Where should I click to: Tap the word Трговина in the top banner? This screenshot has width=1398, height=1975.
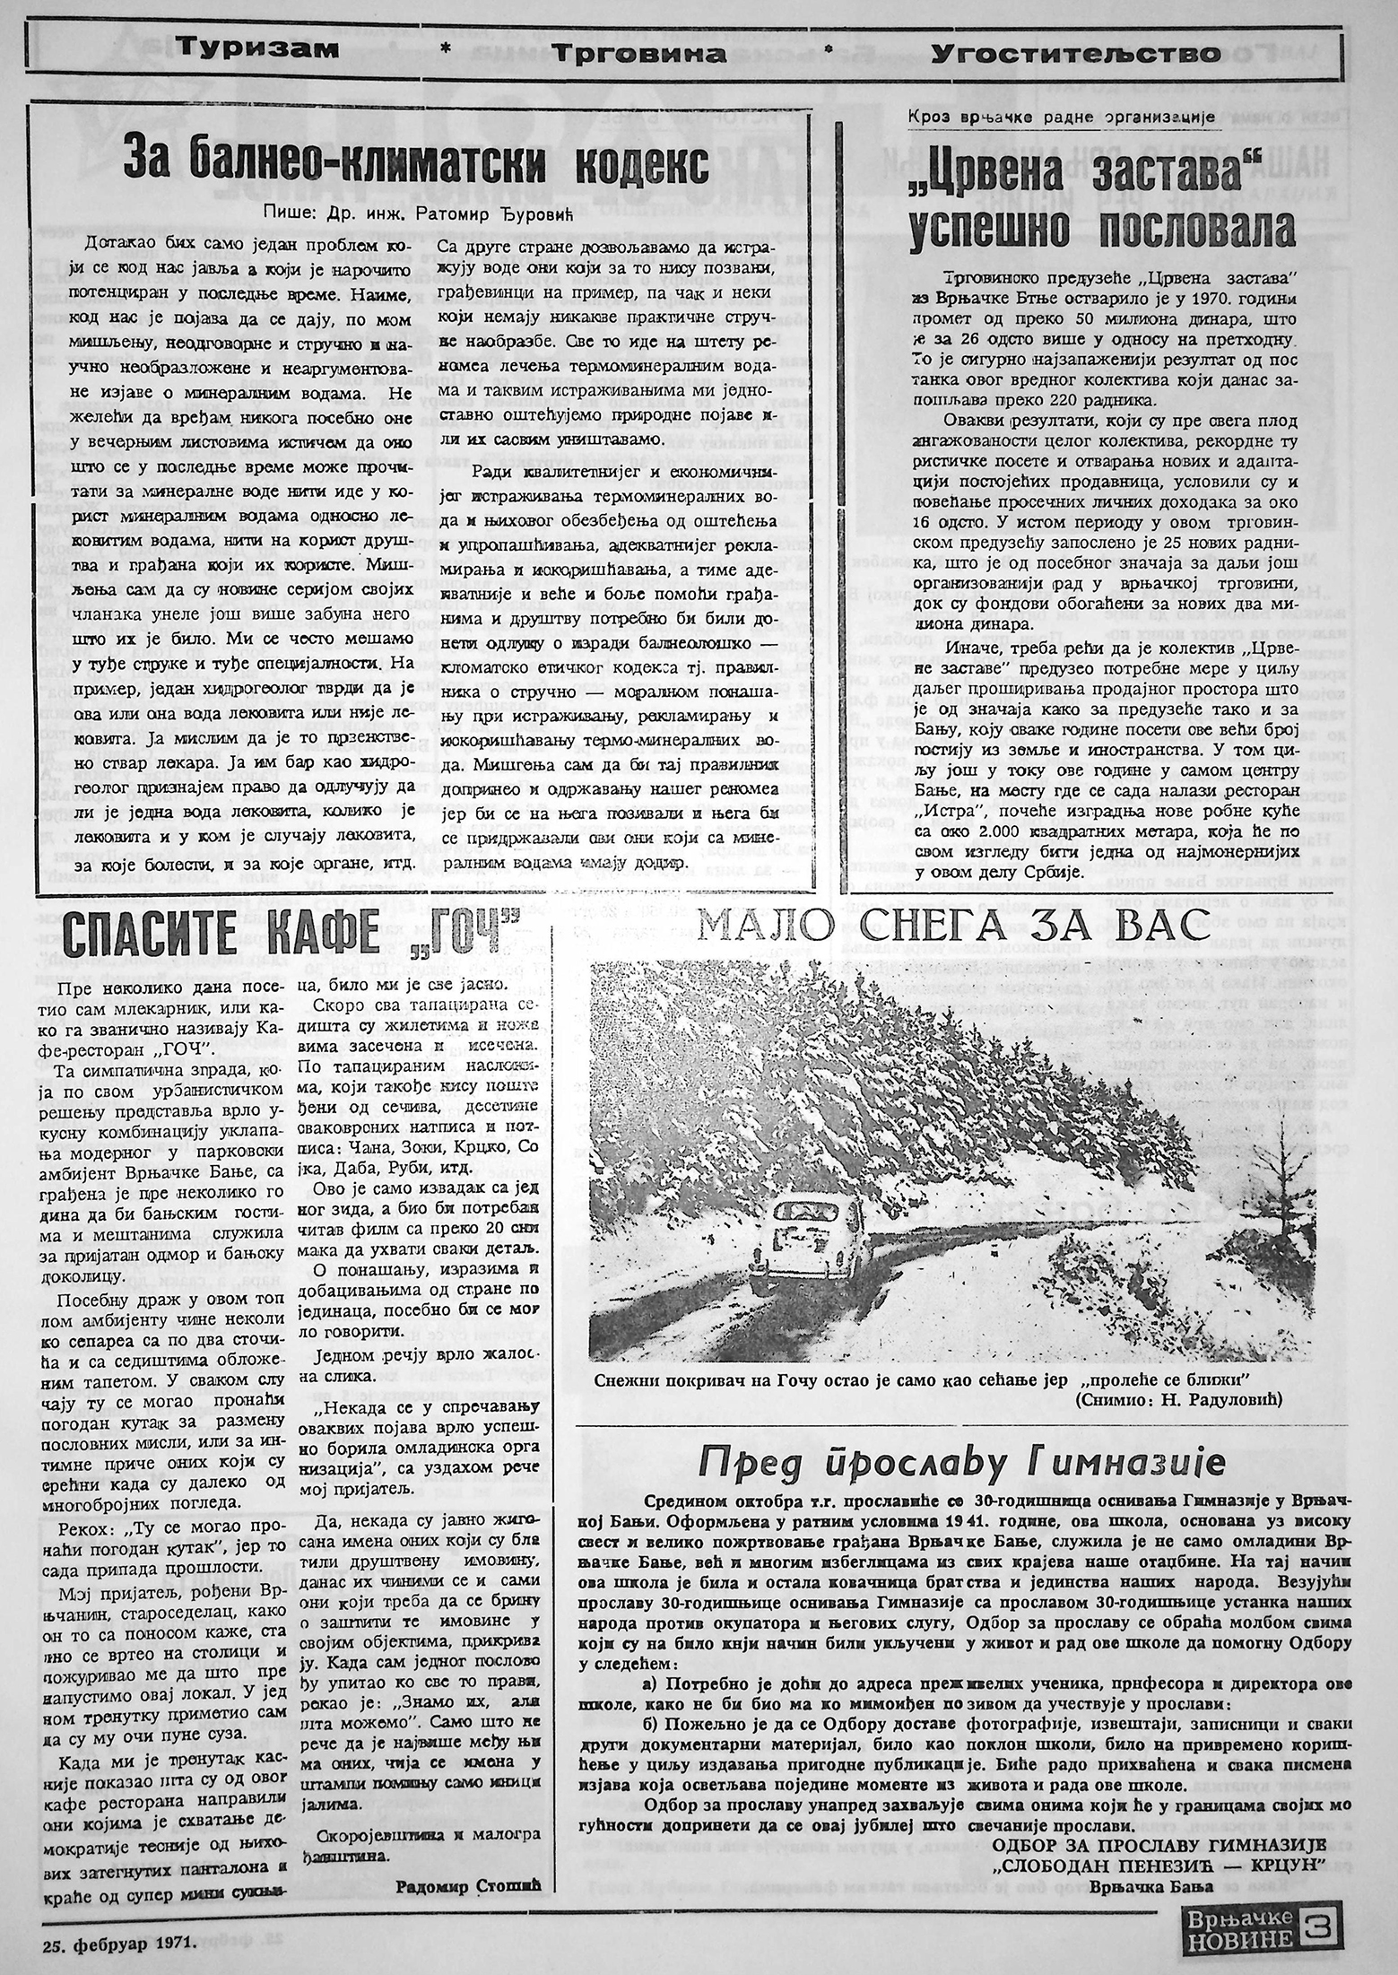[x=638, y=54]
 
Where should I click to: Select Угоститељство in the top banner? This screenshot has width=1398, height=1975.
[x=1075, y=54]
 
